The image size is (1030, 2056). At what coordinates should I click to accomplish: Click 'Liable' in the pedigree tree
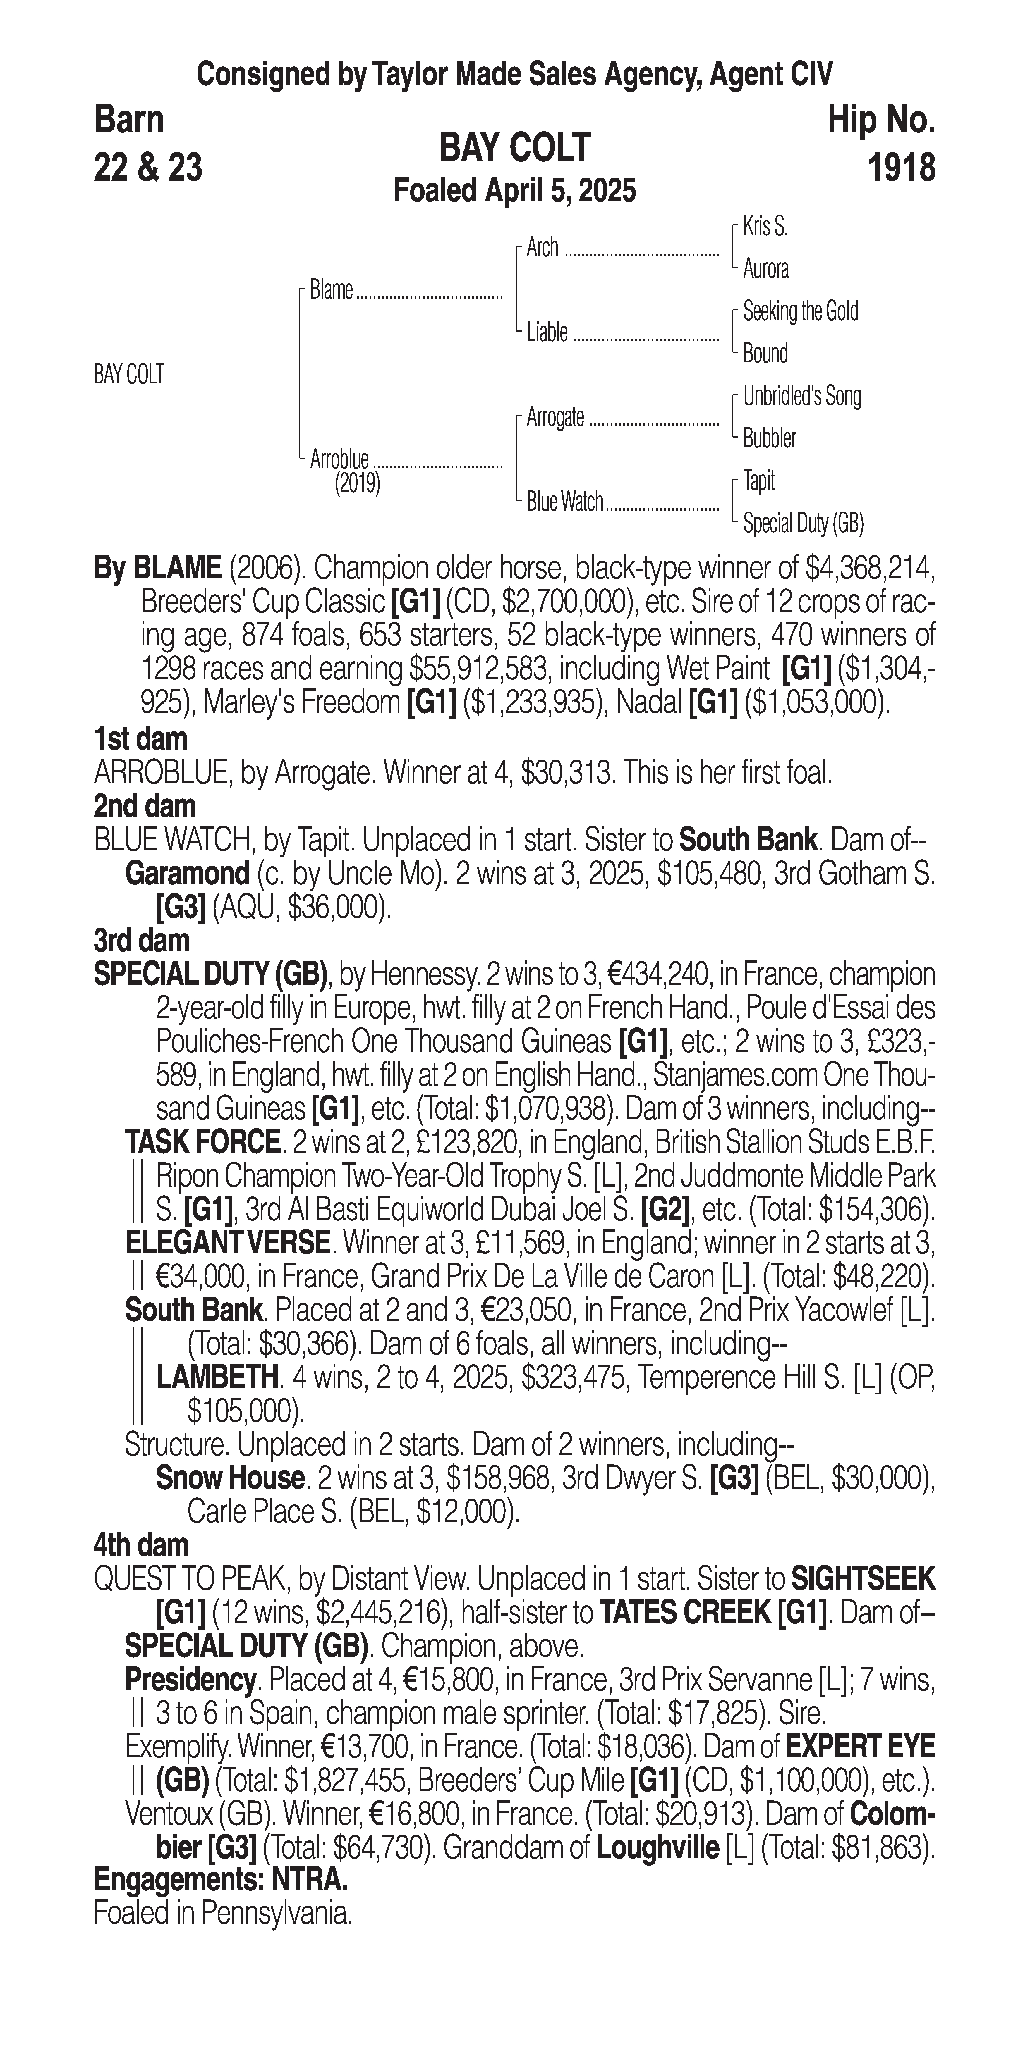coord(547,332)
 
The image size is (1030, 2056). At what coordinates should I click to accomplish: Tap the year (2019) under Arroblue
coord(357,484)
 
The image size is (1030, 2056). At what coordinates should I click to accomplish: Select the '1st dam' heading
coord(140,739)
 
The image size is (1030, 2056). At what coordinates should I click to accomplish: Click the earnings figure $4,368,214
coord(868,568)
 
